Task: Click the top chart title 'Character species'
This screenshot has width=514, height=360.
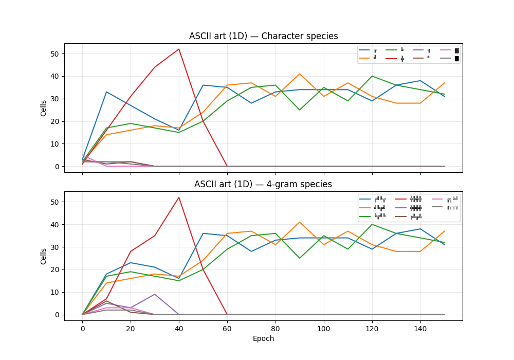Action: (x=263, y=36)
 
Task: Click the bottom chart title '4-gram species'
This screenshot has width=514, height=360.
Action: (x=263, y=184)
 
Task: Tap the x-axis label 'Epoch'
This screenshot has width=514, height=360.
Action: (x=263, y=338)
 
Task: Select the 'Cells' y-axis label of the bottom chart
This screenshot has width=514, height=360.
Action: (x=44, y=256)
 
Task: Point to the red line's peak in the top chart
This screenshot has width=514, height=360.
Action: (x=179, y=49)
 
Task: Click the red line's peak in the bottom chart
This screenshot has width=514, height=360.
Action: (x=179, y=197)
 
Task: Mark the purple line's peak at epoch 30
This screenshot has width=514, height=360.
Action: (x=155, y=294)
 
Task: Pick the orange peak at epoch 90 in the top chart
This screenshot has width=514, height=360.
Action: (x=300, y=74)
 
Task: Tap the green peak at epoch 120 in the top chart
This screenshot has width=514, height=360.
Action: (x=372, y=76)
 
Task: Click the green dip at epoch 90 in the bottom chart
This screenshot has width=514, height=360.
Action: (x=300, y=258)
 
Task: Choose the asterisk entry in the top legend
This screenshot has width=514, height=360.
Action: (x=428, y=58)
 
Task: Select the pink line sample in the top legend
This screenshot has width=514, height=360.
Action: (x=446, y=50)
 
